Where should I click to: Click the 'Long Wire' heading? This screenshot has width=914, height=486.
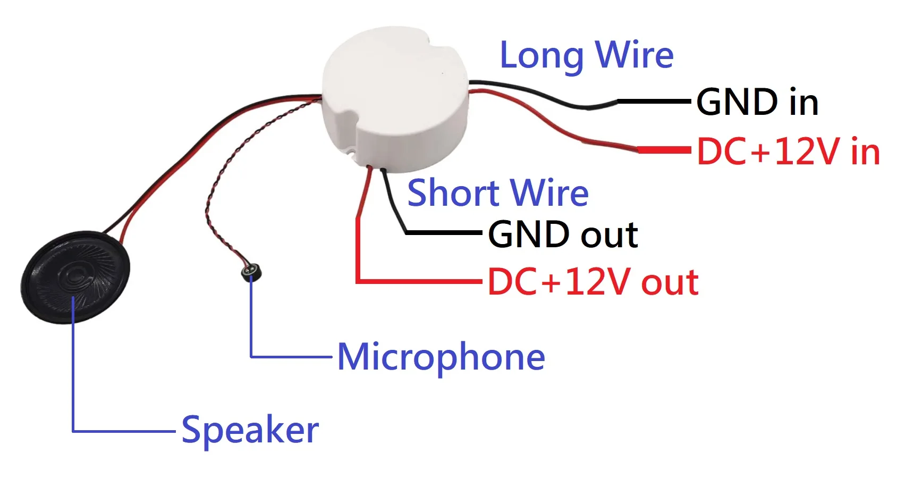[x=587, y=55]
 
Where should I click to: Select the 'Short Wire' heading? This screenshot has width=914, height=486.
[x=498, y=192]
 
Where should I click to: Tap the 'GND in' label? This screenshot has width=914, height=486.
[x=757, y=102]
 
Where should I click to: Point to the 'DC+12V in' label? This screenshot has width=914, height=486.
[x=789, y=152]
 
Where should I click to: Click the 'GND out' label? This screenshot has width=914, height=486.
[x=563, y=234]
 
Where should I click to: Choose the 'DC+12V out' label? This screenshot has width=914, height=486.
[x=593, y=282]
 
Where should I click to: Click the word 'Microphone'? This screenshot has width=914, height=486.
[x=441, y=357]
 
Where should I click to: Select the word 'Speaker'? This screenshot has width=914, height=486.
[x=250, y=430]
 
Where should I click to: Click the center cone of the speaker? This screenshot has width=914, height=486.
[x=74, y=275]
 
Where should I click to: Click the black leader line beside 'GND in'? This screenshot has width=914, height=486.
[x=654, y=100]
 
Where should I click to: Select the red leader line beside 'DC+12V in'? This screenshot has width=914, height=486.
[x=664, y=150]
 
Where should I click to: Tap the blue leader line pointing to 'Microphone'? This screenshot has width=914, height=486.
[x=292, y=356]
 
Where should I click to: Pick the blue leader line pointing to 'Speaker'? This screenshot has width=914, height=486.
[x=122, y=431]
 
